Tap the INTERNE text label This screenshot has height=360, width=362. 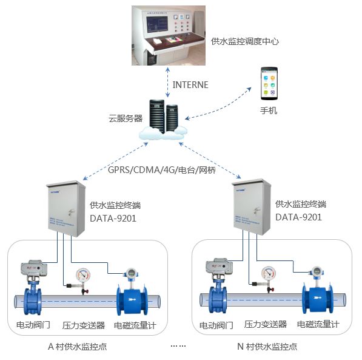[190, 84]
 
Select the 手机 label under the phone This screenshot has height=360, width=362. [268, 111]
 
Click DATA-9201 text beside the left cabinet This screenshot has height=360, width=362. [113, 217]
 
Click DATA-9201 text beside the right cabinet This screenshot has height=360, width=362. [298, 217]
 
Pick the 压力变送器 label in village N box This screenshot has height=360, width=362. [266, 324]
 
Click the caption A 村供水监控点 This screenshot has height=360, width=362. [81, 347]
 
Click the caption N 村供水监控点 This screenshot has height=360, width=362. [267, 347]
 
